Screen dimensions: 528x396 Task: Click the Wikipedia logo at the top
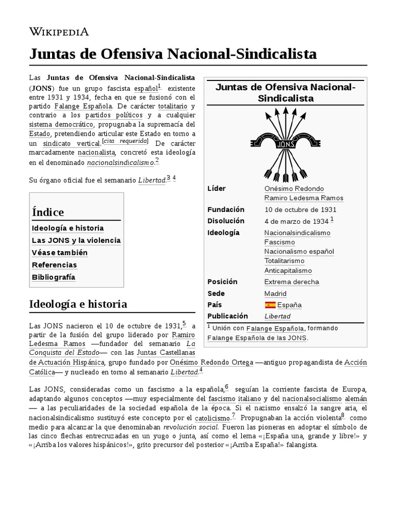click(59, 32)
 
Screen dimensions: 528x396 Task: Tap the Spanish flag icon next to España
click(270, 305)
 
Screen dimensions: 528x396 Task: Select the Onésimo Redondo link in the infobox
click(294, 189)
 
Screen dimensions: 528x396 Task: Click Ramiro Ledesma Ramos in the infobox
click(303, 198)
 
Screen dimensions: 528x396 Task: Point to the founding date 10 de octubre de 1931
click(300, 210)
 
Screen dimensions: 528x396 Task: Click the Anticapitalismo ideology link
click(288, 271)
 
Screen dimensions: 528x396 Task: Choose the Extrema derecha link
click(291, 282)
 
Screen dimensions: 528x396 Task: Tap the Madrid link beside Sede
click(275, 293)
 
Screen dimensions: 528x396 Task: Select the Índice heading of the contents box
click(48, 212)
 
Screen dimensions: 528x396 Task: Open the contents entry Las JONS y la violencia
click(76, 240)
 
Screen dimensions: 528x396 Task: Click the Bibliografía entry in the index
click(54, 277)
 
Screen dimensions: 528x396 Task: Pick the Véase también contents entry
click(60, 253)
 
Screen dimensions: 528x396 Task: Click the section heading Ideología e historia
click(78, 304)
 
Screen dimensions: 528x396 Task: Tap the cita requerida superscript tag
click(125, 141)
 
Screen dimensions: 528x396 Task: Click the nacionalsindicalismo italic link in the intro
click(120, 162)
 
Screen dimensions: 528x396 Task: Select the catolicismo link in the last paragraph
click(212, 418)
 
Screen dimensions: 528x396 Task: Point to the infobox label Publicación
click(227, 316)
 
